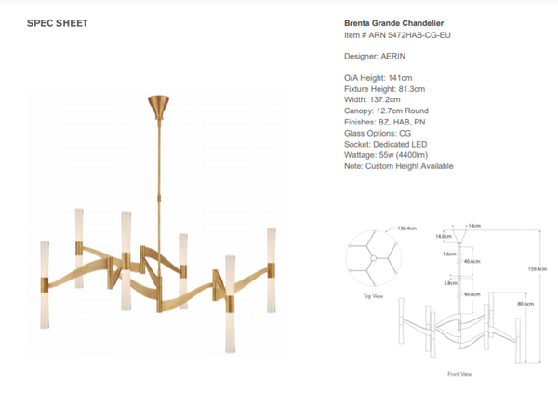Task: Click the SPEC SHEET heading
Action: point(59,23)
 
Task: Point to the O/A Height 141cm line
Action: point(371,79)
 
